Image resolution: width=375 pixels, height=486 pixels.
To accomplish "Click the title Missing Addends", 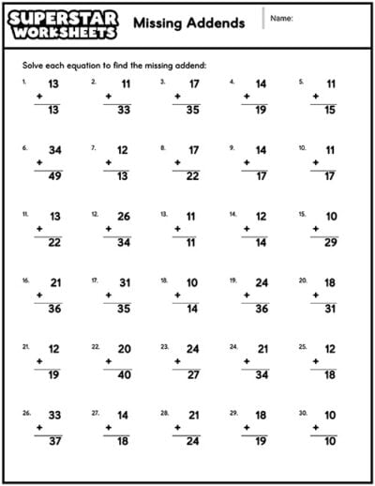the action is pos(189,23).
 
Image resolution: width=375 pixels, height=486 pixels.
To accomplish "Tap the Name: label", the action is pos(282,19).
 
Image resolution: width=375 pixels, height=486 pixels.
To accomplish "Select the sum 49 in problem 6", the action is pos(54,176).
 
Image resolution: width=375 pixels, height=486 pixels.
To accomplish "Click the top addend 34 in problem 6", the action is pos(54,149).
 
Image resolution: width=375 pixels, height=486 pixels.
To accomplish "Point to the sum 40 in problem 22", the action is pos(124,375).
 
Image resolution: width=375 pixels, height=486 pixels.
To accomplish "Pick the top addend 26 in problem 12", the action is pos(124,216).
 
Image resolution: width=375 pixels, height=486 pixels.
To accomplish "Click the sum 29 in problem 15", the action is pos(331,243).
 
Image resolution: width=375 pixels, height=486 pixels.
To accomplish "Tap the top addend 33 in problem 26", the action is pos(54,414).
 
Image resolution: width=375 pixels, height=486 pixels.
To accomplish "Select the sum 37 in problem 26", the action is pos(54,442).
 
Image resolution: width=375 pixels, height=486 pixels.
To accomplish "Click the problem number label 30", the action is pos(303,412).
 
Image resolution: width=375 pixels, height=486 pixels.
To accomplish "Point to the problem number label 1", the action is pos(24,82).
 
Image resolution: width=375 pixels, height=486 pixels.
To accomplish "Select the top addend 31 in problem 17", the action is pos(124,281).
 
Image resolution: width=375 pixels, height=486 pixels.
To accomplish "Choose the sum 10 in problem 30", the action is pos(331,442).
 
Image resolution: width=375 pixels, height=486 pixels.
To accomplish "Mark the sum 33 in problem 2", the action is pos(124,111).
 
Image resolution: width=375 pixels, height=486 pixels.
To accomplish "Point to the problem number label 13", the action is pos(164,214).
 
